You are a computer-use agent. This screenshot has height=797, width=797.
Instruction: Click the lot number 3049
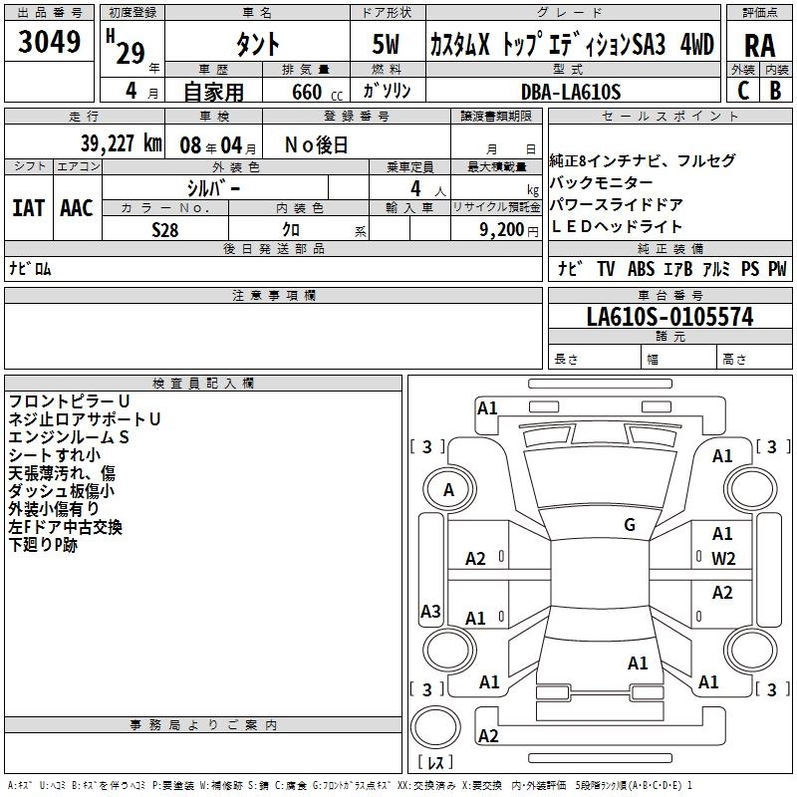click(49, 45)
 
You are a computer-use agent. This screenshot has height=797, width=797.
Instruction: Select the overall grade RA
click(760, 46)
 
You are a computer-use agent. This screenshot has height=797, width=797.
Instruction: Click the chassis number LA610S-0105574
click(669, 317)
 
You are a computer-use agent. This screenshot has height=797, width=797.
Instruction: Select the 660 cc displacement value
click(308, 92)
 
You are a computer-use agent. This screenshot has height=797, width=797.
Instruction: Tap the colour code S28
click(165, 229)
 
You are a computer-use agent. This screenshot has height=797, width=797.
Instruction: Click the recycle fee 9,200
click(502, 229)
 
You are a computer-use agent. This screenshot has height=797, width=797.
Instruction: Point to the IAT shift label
click(28, 208)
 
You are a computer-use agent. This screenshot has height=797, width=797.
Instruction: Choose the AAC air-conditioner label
click(77, 208)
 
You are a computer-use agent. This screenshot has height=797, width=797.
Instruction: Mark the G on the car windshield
click(630, 524)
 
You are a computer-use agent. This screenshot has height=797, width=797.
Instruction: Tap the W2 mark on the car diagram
click(722, 558)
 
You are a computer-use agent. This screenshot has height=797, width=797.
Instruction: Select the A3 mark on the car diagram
click(430, 611)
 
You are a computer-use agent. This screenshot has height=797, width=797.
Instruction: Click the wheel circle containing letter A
click(448, 490)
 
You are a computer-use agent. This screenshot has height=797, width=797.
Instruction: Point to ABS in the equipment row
click(641, 269)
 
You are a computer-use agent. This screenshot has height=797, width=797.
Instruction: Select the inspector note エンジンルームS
click(69, 437)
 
